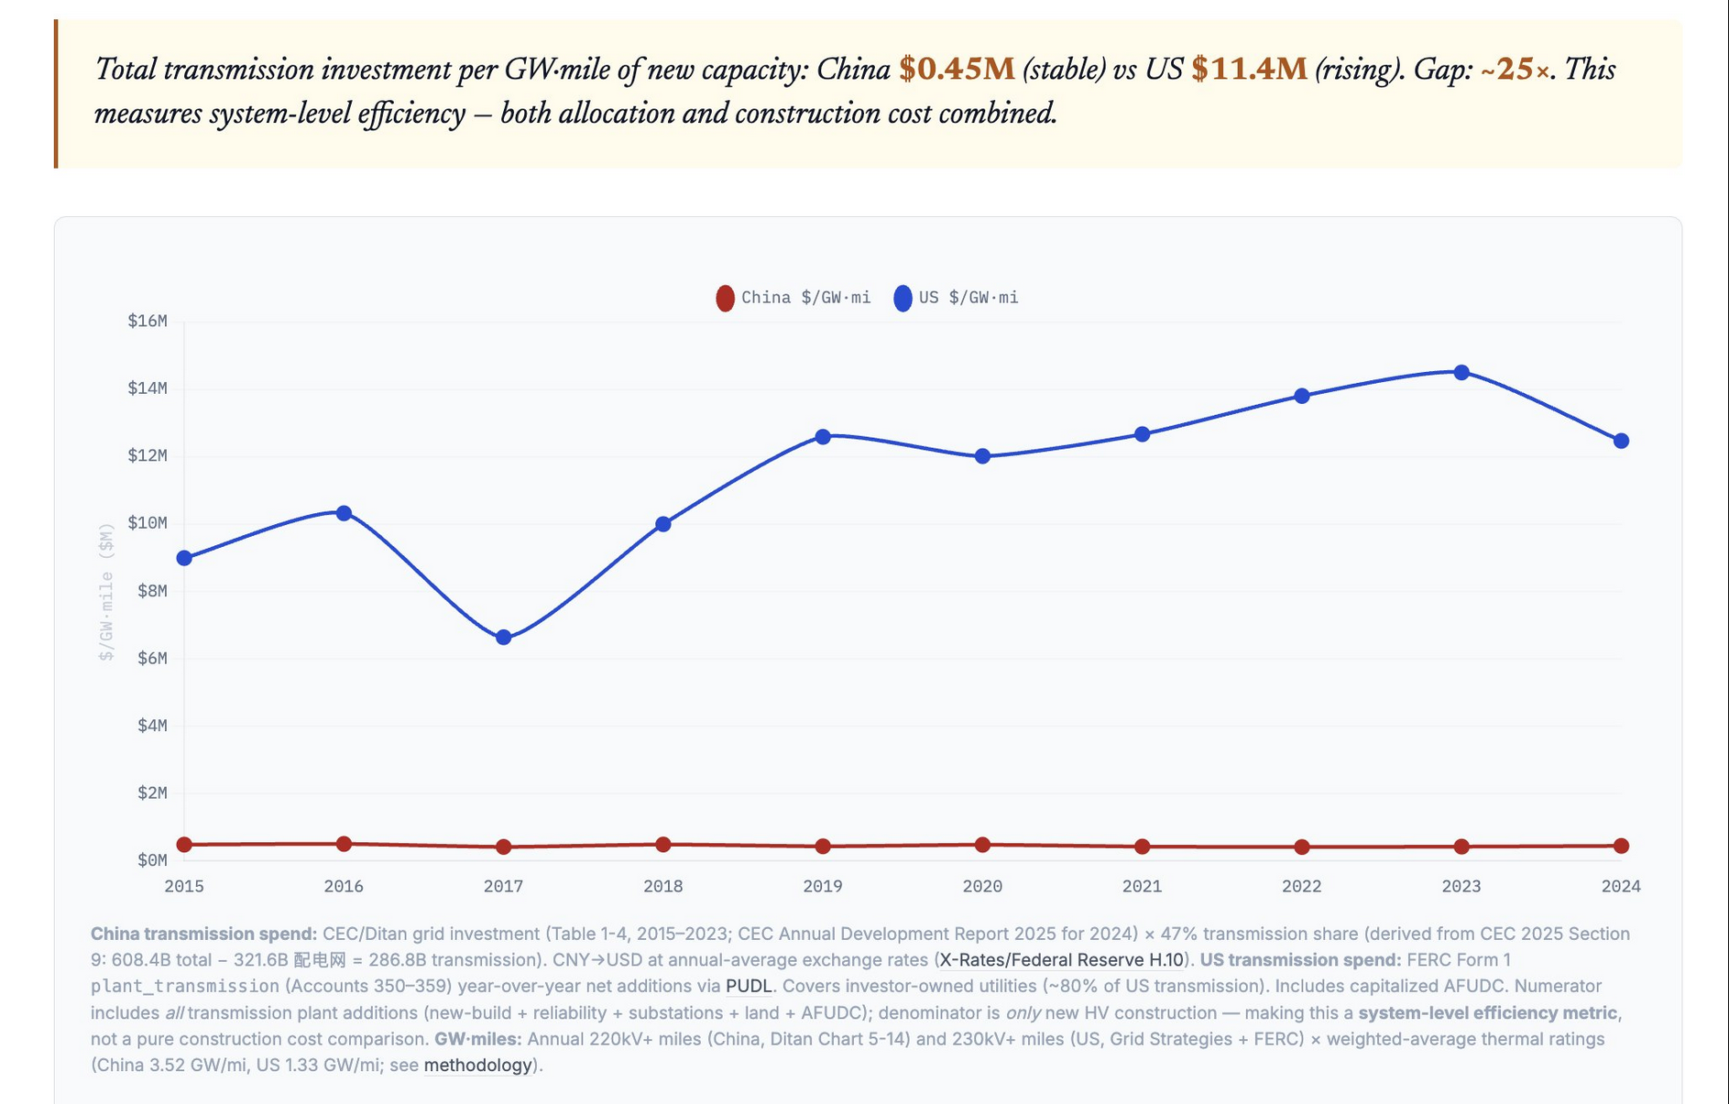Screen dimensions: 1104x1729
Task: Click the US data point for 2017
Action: point(503,638)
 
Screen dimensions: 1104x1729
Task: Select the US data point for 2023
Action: point(1461,373)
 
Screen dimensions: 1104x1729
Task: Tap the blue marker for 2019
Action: point(823,437)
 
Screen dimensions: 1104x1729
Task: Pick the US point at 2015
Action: point(184,558)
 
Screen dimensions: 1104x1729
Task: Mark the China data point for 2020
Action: point(982,845)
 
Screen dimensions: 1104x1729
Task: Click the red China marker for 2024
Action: point(1621,846)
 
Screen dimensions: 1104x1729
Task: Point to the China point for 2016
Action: point(344,844)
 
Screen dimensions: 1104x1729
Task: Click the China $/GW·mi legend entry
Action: point(793,298)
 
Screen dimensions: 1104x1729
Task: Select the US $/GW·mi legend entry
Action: point(957,298)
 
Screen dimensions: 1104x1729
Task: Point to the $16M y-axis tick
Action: point(148,321)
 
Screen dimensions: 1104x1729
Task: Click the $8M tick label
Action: point(152,591)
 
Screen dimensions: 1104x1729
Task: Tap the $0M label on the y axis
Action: point(152,860)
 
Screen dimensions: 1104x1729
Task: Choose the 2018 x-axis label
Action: point(662,886)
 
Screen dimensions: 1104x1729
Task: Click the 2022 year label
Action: point(1301,886)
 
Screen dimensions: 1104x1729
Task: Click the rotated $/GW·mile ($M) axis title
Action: point(107,591)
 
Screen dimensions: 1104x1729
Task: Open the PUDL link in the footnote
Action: point(748,986)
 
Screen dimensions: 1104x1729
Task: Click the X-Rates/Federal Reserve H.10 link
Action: point(1061,959)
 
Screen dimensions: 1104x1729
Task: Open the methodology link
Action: point(477,1065)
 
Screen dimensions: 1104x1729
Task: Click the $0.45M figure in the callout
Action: point(957,69)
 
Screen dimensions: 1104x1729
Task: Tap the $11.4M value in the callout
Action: point(1248,69)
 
